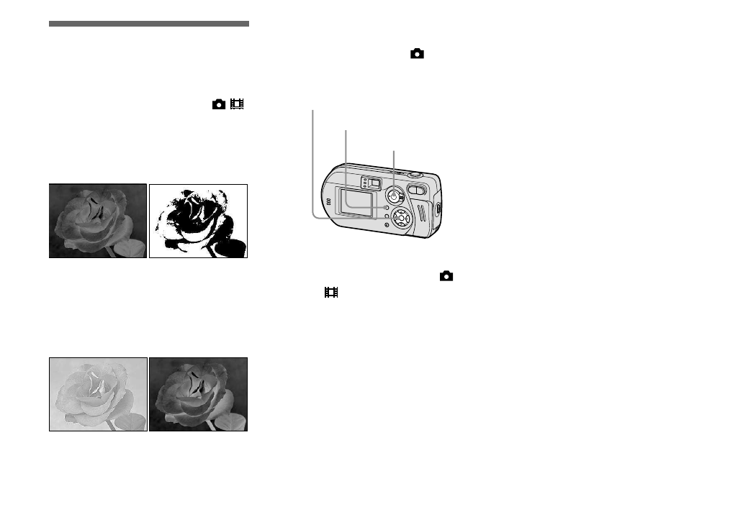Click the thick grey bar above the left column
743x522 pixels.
(x=149, y=24)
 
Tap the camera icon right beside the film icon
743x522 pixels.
(x=218, y=105)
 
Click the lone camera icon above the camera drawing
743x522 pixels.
(x=417, y=53)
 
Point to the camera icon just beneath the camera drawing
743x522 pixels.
(x=447, y=275)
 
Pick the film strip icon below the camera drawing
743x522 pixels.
(x=330, y=293)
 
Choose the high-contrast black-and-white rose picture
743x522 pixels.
(x=198, y=221)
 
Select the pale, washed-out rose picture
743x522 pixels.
(x=98, y=394)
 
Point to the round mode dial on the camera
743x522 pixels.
(x=394, y=195)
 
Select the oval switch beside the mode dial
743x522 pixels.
(x=417, y=190)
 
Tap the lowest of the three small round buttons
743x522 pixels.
(x=387, y=226)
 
